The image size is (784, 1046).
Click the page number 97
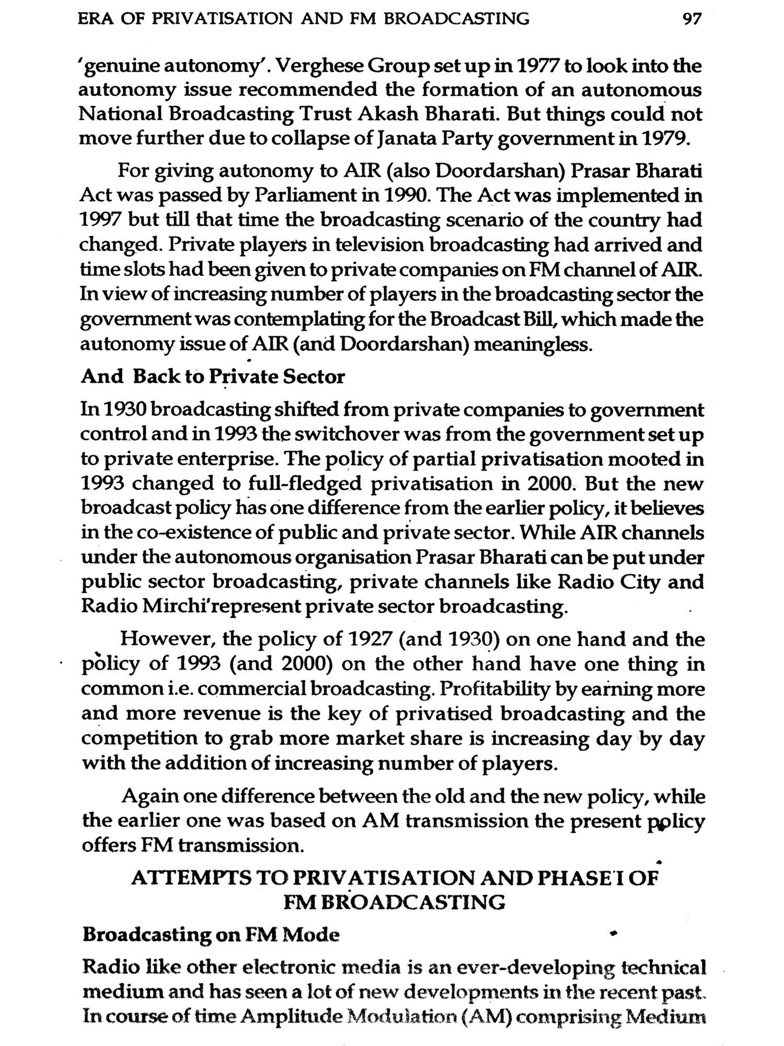point(693,19)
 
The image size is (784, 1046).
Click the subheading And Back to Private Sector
point(213,377)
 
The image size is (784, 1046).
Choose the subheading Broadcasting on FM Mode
point(211,935)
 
